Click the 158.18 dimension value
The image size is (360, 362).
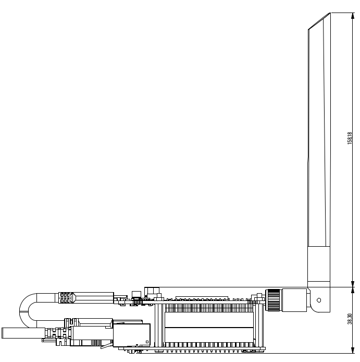350,138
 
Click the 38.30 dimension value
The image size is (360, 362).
350,319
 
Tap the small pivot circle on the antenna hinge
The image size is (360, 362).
319,300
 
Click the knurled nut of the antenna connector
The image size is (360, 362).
273,300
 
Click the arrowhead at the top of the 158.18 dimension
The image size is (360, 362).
353,16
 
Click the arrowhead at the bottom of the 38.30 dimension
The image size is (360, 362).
353,350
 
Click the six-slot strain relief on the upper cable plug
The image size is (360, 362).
65,298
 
